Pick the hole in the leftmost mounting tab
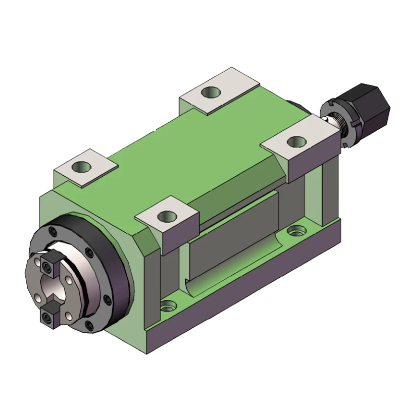pos(81,166)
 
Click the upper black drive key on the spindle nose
pos(48,265)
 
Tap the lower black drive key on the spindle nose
pos(47,317)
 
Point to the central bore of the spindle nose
pos(50,291)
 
